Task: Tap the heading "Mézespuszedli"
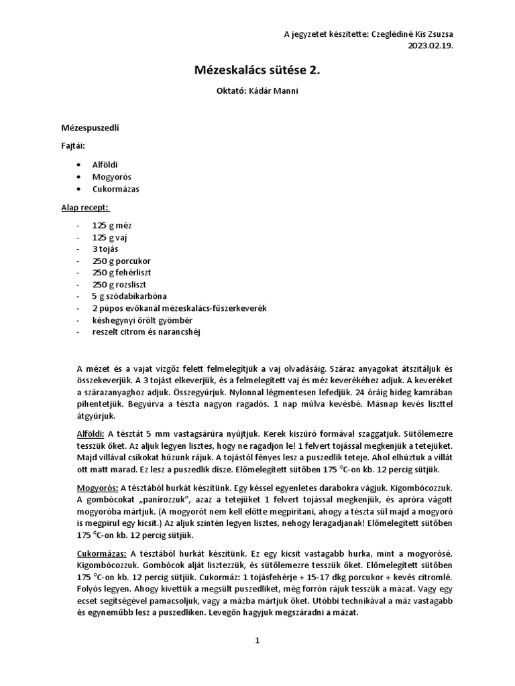click(x=91, y=127)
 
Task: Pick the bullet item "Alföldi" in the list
click(x=106, y=164)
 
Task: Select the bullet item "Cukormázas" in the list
click(x=115, y=190)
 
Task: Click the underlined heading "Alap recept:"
click(x=85, y=207)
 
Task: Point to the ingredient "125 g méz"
click(x=113, y=226)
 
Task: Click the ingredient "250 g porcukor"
click(x=121, y=261)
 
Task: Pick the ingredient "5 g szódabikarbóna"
click(x=130, y=296)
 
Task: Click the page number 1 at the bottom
click(x=257, y=640)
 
